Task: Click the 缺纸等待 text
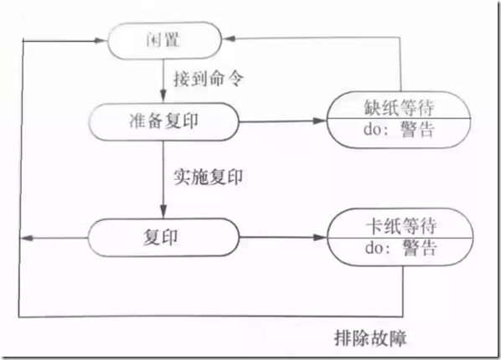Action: point(392,107)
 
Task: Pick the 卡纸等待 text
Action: point(392,226)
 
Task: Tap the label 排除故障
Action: point(369,338)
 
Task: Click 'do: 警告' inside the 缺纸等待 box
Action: point(392,131)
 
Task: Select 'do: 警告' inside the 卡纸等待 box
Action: point(392,249)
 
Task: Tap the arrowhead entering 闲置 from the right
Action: point(228,39)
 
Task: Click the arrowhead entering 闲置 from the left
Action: point(107,39)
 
